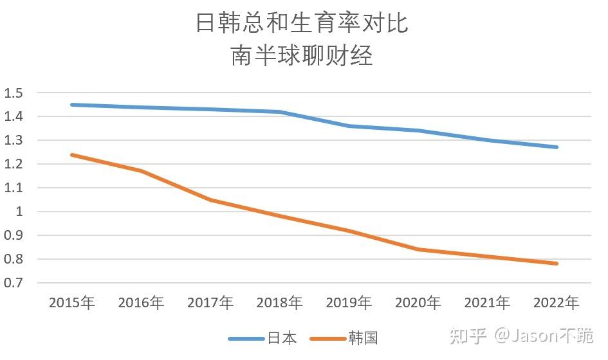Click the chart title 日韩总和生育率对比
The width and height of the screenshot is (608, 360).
tap(302, 24)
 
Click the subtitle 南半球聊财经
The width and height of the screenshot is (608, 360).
tap(302, 57)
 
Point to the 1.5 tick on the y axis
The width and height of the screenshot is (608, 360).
tap(14, 93)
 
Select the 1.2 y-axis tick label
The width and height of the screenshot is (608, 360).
tap(14, 165)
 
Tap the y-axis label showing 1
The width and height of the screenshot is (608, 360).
tap(19, 212)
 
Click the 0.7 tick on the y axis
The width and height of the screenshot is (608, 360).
tap(14, 283)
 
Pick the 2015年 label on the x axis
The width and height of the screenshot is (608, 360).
tap(72, 303)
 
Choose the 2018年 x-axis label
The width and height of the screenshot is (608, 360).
tap(279, 303)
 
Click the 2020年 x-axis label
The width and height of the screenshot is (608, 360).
tap(418, 303)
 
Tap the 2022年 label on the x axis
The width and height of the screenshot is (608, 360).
tap(556, 303)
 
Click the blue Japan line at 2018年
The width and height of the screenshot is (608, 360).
tap(279, 112)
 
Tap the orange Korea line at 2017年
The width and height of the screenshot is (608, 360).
tap(210, 200)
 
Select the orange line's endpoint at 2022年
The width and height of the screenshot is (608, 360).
tap(556, 264)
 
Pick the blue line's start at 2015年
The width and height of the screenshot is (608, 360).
tap(72, 105)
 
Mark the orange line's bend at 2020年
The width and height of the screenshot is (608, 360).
tap(418, 249)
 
